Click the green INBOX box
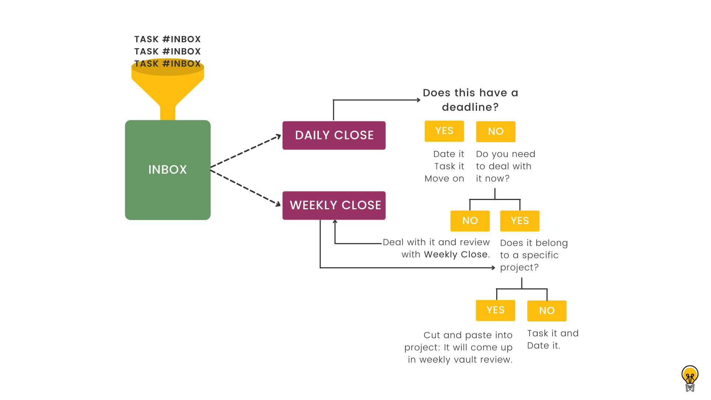coord(167,170)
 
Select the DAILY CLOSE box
coord(334,135)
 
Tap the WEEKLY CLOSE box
coord(334,205)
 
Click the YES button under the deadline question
coord(444,131)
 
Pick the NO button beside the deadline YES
coord(495,131)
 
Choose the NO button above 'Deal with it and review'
coord(470,221)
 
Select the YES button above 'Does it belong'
coord(520,221)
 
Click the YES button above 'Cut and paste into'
coord(495,310)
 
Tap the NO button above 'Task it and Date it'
coord(547,311)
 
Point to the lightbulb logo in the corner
coord(690,378)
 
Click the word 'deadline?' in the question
coord(470,107)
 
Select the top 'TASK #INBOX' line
coord(167,39)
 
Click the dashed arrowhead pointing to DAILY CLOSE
coord(278,136)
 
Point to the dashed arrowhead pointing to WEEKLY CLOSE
coord(278,204)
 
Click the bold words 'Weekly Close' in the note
coord(455,254)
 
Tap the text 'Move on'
coord(444,179)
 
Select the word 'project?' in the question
coord(519,267)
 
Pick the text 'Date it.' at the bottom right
coord(543,346)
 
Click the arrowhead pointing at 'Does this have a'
coord(418,100)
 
